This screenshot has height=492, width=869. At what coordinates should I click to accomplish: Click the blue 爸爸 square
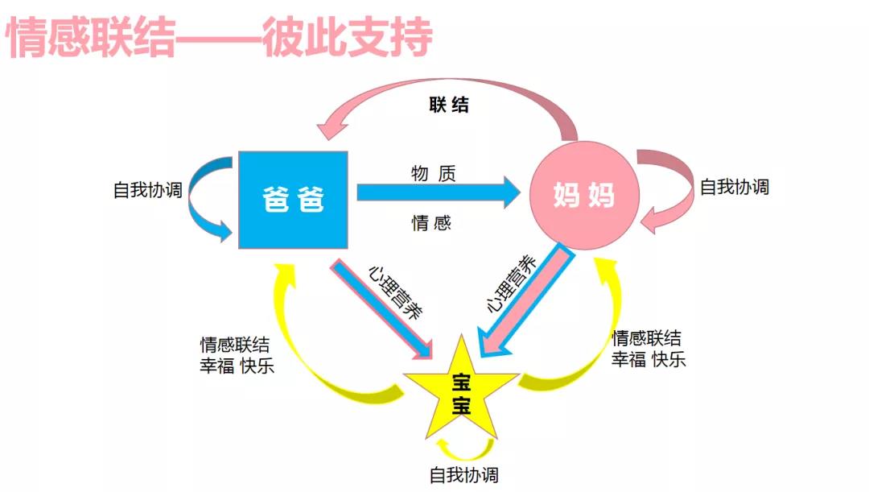point(294,199)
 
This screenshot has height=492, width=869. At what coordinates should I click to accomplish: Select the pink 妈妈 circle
point(584,195)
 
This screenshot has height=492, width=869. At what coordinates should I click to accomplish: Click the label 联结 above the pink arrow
point(449,105)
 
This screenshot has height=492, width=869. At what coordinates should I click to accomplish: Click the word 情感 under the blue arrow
point(432,223)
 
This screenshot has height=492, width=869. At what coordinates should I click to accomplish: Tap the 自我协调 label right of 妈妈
point(735,187)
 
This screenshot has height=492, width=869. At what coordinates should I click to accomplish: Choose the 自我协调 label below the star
point(464,474)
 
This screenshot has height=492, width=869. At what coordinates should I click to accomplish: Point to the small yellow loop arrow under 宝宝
point(462,447)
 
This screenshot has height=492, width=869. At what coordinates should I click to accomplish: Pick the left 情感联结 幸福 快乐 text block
point(237,355)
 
